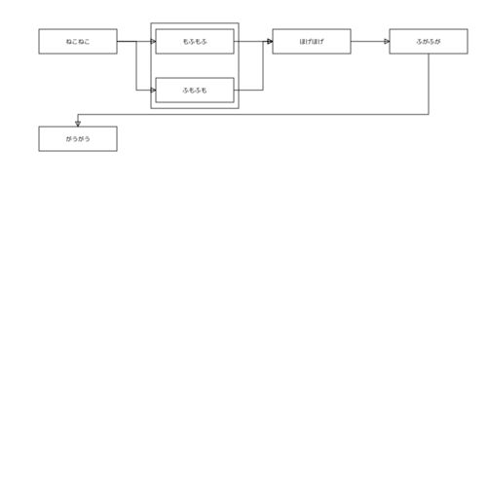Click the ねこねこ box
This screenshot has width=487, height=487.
(78, 41)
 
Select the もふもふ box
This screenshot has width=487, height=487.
(195, 41)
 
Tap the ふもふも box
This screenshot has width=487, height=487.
(195, 90)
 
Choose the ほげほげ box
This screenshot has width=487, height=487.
(312, 41)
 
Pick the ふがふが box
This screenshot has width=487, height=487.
(429, 41)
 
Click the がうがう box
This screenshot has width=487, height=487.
(78, 138)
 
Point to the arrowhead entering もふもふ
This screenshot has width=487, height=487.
(153, 41)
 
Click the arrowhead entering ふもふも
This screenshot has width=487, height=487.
(153, 90)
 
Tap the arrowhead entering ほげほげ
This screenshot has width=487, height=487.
(270, 41)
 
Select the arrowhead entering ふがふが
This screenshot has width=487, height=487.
(387, 41)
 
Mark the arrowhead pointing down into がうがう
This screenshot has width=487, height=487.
(78, 124)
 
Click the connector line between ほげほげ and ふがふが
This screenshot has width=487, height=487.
(370, 41)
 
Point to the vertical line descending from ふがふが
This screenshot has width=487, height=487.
(429, 84)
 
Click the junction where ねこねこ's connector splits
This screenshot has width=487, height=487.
(136, 41)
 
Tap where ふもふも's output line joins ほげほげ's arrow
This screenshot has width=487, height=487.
(263, 41)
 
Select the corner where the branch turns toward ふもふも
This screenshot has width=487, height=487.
(136, 90)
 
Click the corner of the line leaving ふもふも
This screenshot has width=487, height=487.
(263, 90)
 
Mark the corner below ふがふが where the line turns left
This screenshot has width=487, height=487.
(429, 114)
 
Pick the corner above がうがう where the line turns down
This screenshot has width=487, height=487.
(78, 114)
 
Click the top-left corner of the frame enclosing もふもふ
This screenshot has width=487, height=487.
(151, 23)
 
